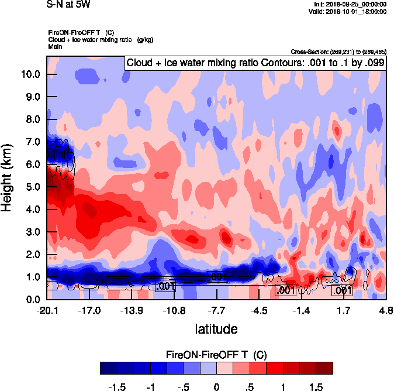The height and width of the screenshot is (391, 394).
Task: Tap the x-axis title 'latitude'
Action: pos(216,329)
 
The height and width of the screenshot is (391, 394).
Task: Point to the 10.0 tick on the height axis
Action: pos(30,74)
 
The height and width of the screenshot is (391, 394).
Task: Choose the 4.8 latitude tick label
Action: pos(386,310)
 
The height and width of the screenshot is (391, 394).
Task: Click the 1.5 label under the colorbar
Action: pos(316,387)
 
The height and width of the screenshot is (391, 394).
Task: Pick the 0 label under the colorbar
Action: pos(216,387)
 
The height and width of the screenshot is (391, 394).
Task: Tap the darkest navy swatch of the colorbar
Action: pos(108,368)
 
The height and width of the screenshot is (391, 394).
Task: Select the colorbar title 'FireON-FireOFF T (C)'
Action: pos(216,355)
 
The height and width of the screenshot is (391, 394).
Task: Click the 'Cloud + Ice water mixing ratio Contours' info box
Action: pos(255,63)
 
